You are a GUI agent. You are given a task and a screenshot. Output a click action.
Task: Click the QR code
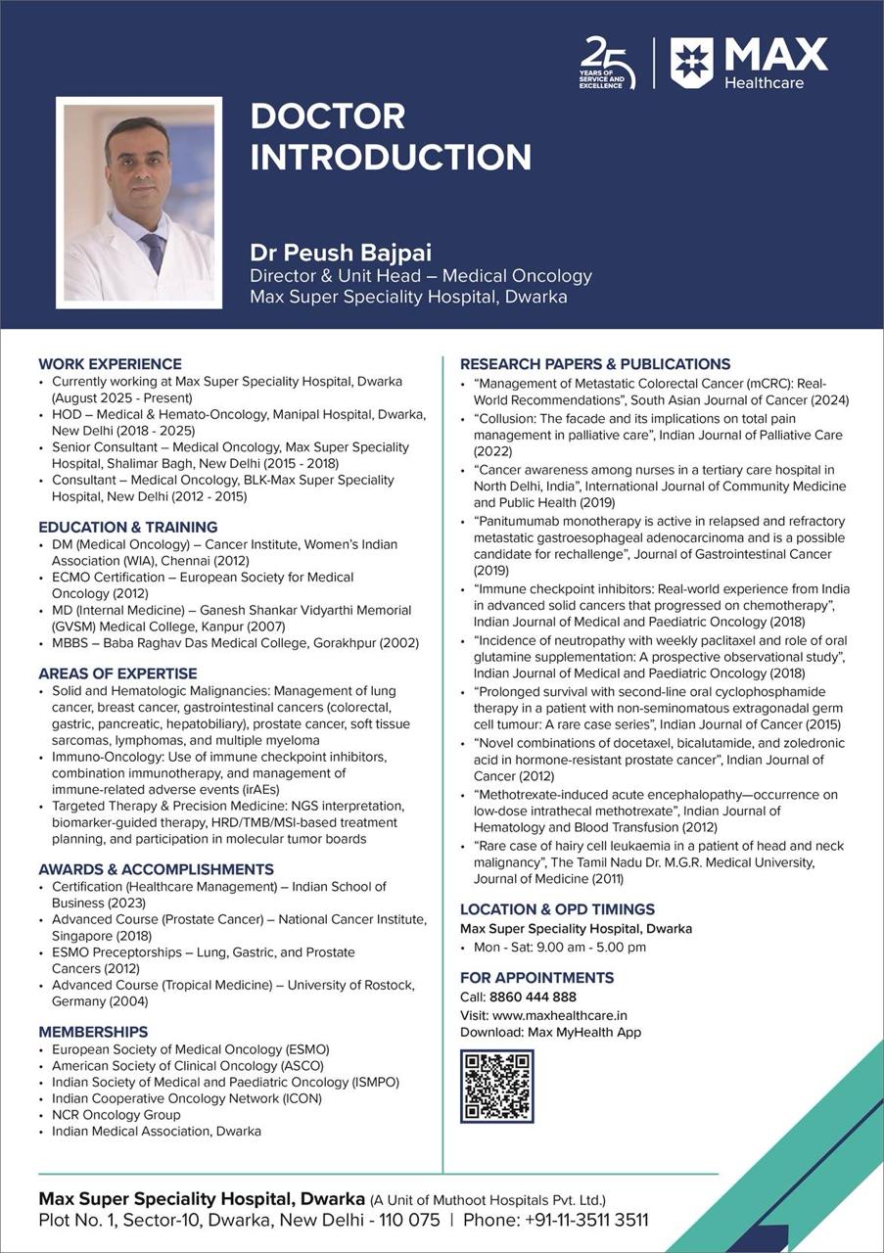(497, 1086)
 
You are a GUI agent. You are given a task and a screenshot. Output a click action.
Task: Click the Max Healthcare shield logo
(691, 63)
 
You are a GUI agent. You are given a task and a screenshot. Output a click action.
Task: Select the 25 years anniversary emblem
(608, 63)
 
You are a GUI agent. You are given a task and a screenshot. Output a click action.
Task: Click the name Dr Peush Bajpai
(341, 253)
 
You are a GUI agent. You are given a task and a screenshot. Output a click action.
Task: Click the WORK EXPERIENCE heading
(110, 364)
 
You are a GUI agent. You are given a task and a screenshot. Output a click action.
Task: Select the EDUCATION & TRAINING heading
(128, 527)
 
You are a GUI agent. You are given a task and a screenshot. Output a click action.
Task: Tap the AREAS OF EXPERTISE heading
(117, 673)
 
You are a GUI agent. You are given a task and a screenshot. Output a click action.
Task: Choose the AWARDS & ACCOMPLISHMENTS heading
(156, 869)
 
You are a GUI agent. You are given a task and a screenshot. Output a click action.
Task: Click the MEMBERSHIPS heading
(93, 1032)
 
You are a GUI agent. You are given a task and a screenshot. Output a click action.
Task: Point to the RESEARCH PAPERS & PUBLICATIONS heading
(595, 364)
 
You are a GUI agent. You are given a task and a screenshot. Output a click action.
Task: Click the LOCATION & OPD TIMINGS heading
(557, 909)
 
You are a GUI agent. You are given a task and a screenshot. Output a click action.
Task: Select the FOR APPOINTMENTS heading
(536, 978)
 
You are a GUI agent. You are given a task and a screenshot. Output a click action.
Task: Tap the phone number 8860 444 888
(533, 998)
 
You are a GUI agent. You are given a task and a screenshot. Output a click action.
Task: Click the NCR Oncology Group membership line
(116, 1115)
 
